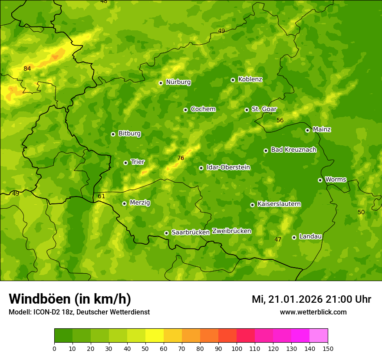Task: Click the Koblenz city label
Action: (250, 79)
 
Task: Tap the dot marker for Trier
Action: (126, 163)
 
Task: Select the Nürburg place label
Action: (178, 82)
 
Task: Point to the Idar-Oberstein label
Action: (228, 167)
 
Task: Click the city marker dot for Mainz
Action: (307, 130)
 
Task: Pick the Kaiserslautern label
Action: (279, 204)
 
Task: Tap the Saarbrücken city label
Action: (191, 232)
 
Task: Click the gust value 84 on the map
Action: (27, 69)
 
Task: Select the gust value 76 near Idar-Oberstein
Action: (181, 158)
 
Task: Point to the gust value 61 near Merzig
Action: (101, 196)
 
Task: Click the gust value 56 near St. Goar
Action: (280, 120)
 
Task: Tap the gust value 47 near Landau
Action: (278, 239)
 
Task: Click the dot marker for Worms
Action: (320, 180)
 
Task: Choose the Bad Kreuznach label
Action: (293, 150)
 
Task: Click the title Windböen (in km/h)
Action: (70, 299)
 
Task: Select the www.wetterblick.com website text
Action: (313, 312)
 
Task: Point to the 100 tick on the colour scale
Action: (237, 348)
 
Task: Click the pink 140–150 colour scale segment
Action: (319, 336)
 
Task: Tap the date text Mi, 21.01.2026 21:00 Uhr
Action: (311, 299)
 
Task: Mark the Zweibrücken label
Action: (231, 231)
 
